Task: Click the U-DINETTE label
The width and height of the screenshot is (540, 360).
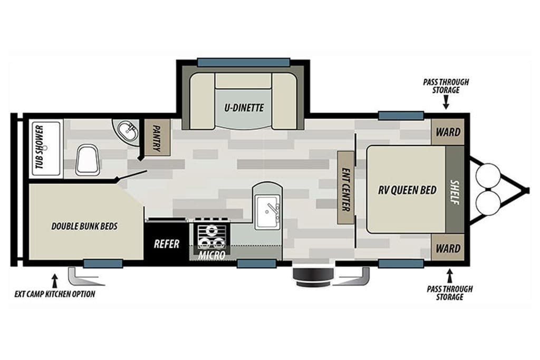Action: (x=244, y=108)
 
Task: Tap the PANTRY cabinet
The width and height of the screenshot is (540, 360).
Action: (x=157, y=138)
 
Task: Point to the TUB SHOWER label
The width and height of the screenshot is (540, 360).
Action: (x=40, y=147)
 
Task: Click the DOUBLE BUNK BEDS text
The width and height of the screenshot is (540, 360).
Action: (x=84, y=226)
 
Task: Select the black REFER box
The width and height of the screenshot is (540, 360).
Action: (x=167, y=241)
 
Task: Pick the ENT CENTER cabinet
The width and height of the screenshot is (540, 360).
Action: (x=345, y=187)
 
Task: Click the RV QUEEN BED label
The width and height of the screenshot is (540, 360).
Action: (x=407, y=190)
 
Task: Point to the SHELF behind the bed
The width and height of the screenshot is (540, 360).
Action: (x=455, y=189)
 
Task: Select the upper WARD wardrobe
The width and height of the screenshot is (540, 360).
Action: (x=448, y=132)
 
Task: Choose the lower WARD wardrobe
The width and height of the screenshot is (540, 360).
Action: (x=448, y=248)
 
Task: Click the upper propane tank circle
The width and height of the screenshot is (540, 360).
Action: (x=488, y=176)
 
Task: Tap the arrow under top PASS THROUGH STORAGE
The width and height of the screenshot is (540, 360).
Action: (x=446, y=102)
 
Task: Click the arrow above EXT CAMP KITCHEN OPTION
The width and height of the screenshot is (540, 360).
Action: (x=54, y=281)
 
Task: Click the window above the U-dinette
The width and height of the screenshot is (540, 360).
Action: (x=244, y=62)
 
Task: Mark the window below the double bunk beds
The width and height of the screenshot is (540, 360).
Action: (x=103, y=264)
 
